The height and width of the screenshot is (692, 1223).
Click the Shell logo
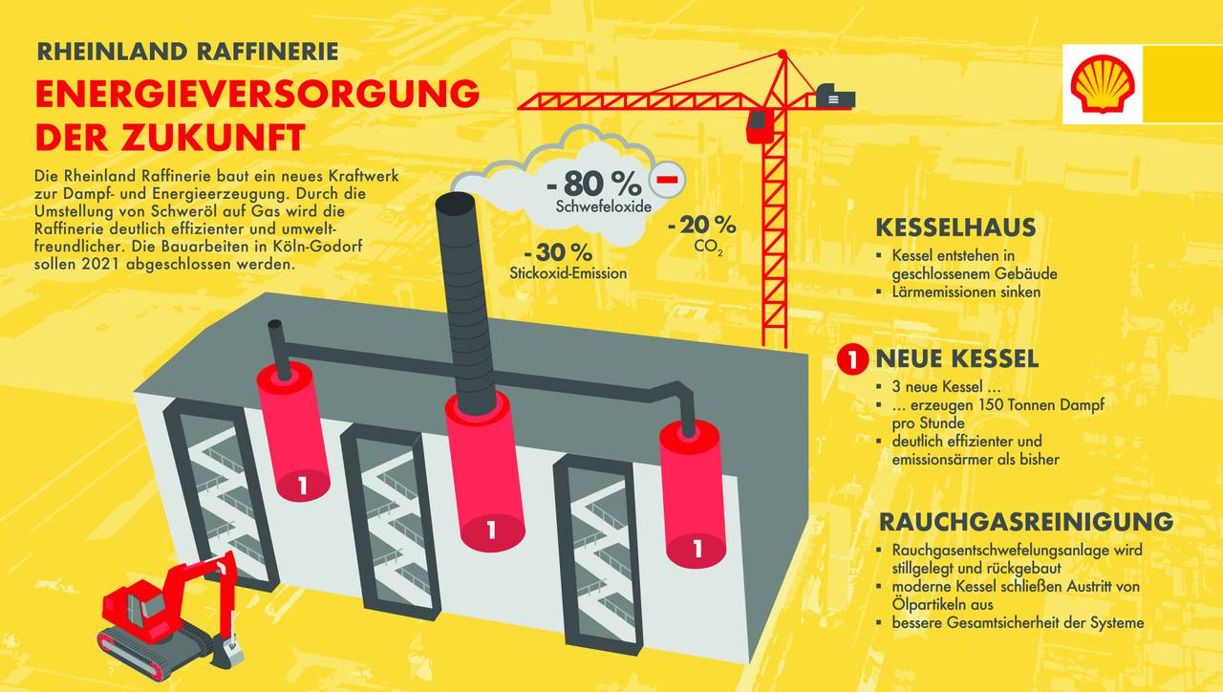[1102, 84]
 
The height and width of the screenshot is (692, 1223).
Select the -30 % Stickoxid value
[558, 253]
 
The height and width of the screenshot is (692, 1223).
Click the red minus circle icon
[665, 180]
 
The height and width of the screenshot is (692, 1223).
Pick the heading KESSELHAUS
[955, 227]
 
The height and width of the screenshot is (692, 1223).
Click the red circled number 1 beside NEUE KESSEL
[851, 360]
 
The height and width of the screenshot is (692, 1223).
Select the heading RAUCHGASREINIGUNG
[1025, 522]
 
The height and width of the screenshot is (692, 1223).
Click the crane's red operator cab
[760, 125]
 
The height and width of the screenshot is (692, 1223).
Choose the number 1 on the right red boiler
[697, 549]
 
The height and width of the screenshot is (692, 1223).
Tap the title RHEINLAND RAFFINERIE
[187, 51]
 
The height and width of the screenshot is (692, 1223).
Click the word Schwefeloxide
[597, 206]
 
